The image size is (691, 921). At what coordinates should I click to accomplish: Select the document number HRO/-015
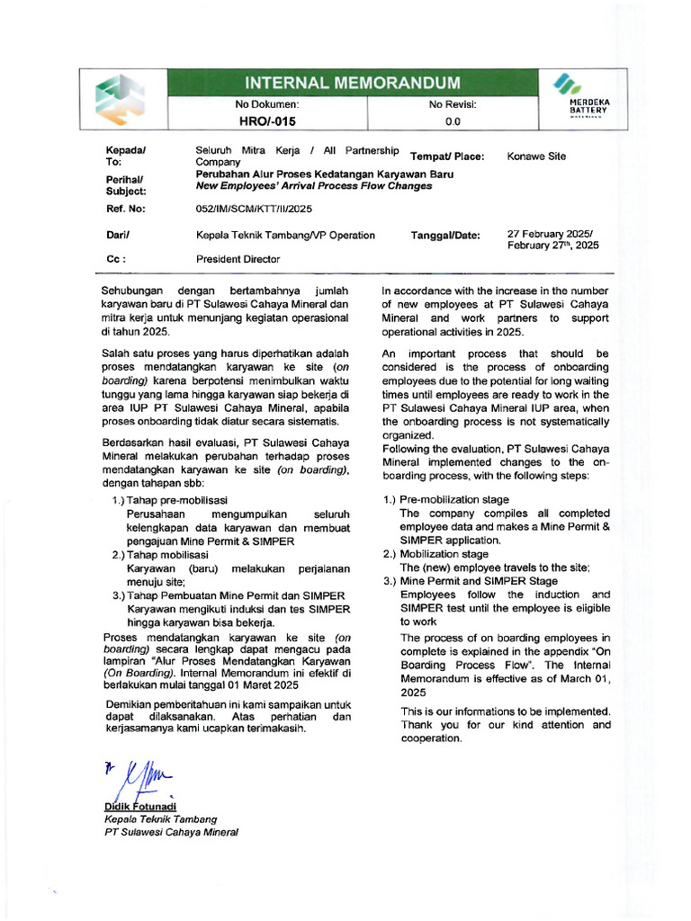pyautogui.click(x=266, y=121)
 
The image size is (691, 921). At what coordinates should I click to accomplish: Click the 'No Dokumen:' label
pyautogui.click(x=266, y=104)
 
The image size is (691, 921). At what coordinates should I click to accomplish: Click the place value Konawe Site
pyautogui.click(x=536, y=156)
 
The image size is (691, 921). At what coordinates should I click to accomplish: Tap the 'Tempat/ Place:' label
pyautogui.click(x=447, y=156)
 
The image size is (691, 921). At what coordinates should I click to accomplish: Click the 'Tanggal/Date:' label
pyautogui.click(x=445, y=236)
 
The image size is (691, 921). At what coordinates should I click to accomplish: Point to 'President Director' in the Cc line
pyautogui.click(x=238, y=259)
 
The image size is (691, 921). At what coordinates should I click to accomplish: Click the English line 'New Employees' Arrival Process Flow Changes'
pyautogui.click(x=314, y=186)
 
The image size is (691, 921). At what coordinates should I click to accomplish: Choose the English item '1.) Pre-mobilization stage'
pyautogui.click(x=445, y=499)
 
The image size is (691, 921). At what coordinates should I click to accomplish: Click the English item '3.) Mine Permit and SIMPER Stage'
pyautogui.click(x=470, y=581)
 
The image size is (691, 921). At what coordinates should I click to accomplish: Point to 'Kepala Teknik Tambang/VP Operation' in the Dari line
pyautogui.click(x=285, y=236)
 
